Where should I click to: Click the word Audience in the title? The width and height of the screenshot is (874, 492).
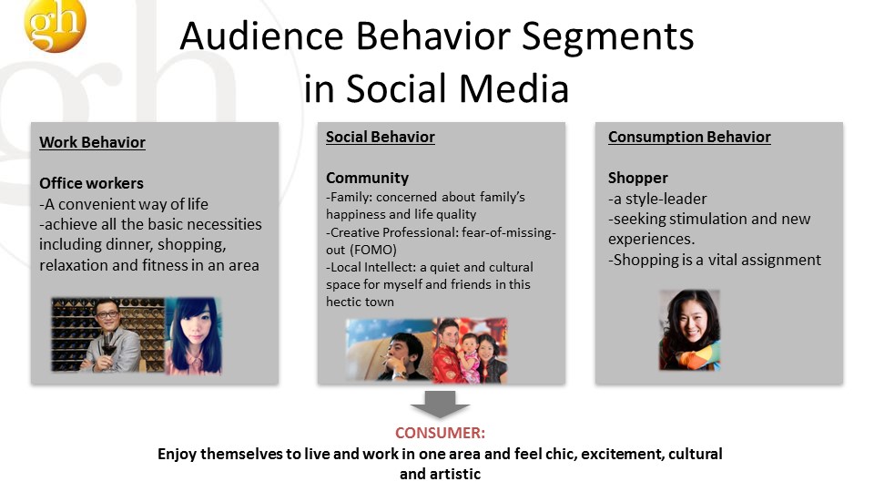pyautogui.click(x=262, y=36)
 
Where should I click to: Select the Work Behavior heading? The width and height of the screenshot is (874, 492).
pyautogui.click(x=92, y=142)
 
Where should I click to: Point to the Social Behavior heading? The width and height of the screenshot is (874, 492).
pyautogui.click(x=381, y=137)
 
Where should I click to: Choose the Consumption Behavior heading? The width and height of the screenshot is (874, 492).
pyautogui.click(x=689, y=137)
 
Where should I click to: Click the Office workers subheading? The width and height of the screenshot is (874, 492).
pyautogui.click(x=91, y=183)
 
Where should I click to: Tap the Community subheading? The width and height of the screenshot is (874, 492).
pyautogui.click(x=367, y=178)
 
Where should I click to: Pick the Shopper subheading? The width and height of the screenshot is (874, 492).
pyautogui.click(x=637, y=178)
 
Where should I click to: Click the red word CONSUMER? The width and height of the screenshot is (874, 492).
pyautogui.click(x=440, y=433)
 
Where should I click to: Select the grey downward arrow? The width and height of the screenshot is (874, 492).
pyautogui.click(x=441, y=404)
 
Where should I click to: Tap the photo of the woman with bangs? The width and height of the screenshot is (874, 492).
pyautogui.click(x=193, y=336)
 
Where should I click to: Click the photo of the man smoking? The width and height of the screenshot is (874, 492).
pyautogui.click(x=389, y=350)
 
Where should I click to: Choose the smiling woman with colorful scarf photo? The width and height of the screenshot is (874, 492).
pyautogui.click(x=689, y=330)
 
